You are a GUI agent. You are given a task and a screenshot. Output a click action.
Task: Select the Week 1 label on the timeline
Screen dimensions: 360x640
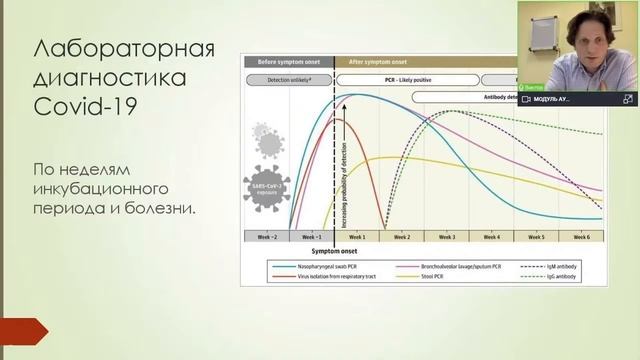(356, 237)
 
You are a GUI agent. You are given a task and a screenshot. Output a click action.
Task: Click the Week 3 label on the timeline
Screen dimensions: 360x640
(446, 237)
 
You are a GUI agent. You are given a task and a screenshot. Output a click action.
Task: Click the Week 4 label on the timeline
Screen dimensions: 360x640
(491, 237)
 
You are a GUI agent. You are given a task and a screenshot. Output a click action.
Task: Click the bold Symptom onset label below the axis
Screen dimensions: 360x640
(334, 251)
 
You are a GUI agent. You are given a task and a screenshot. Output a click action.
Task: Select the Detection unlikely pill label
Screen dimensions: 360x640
(289, 78)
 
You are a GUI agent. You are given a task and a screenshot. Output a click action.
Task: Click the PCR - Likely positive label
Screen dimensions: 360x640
(405, 78)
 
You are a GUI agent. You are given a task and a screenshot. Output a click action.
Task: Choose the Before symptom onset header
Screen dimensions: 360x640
(288, 60)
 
